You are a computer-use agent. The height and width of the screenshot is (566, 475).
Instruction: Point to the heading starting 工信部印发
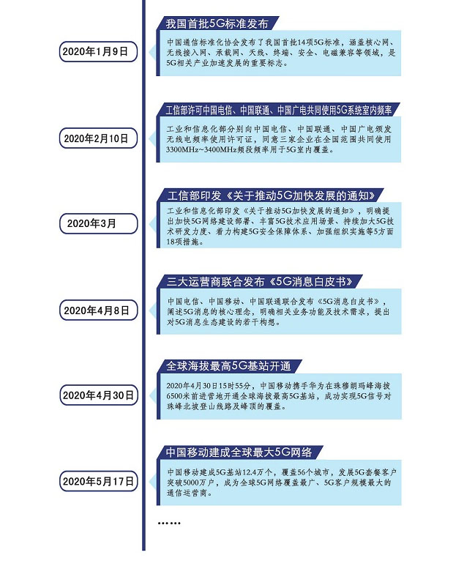271,196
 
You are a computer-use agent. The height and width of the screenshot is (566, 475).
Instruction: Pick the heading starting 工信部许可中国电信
279,111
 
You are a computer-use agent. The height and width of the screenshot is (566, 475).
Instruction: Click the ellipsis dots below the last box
169,523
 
